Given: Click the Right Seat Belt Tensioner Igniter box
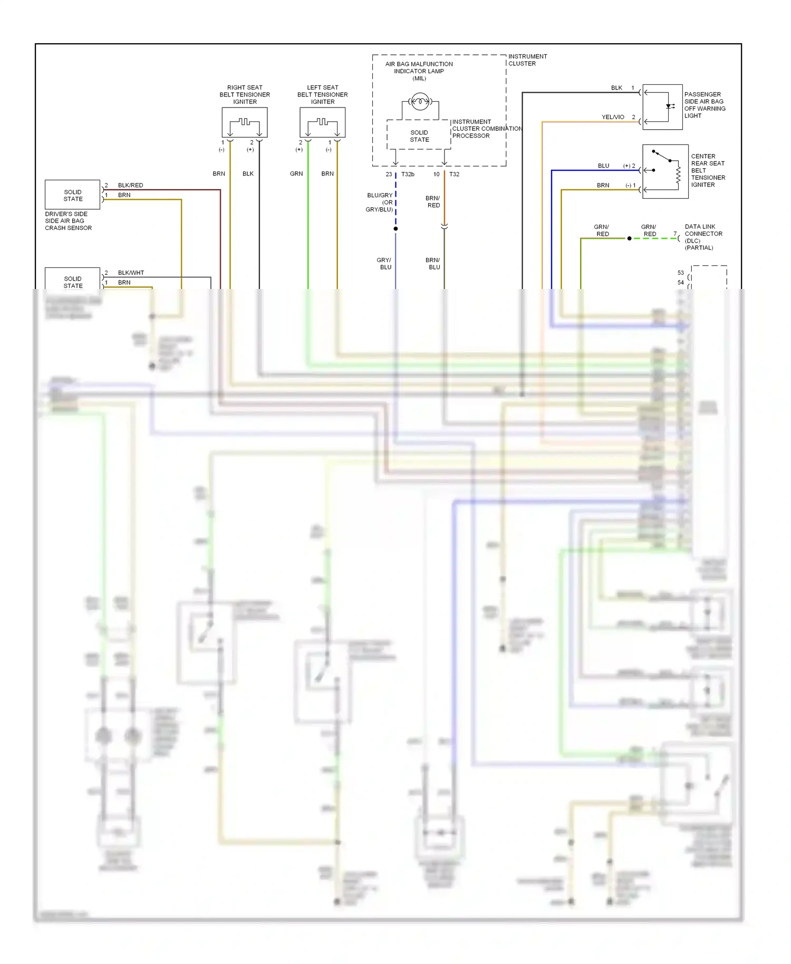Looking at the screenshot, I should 244,122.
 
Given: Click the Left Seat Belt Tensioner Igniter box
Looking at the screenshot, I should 322,122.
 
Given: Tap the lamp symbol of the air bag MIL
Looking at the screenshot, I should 420,101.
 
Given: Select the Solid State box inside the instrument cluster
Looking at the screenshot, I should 419,136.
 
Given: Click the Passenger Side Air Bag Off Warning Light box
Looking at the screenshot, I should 662,107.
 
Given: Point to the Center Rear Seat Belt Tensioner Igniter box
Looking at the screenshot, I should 665,171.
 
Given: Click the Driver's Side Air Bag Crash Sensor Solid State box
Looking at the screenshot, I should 72,195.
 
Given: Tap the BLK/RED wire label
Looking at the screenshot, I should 130,185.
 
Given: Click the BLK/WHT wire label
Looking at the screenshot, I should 131,273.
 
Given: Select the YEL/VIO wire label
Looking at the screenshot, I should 613,117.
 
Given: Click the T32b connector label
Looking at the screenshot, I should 408,174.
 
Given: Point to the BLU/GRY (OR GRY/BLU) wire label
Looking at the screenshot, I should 380,203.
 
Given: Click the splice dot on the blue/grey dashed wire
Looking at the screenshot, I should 395,228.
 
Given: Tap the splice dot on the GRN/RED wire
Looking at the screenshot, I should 629,238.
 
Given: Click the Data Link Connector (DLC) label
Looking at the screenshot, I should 703,237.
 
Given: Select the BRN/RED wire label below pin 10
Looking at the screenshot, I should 433,201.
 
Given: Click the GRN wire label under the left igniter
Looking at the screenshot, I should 296,173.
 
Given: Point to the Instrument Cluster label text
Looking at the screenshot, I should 527,60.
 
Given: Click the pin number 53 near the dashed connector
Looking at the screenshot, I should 680,273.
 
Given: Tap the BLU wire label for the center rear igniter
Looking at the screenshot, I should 603,166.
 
